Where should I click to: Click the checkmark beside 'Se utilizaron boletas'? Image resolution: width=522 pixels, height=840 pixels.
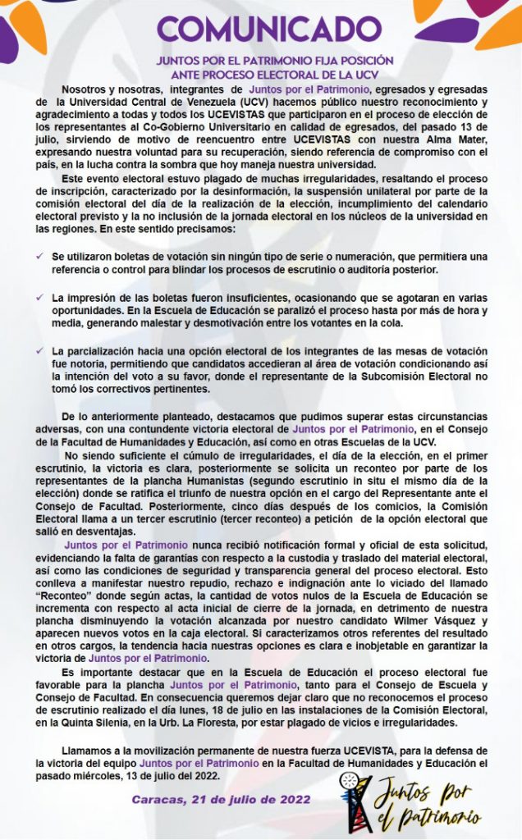(40, 256)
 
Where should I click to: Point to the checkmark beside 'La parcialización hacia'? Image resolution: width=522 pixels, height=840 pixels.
(40, 349)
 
